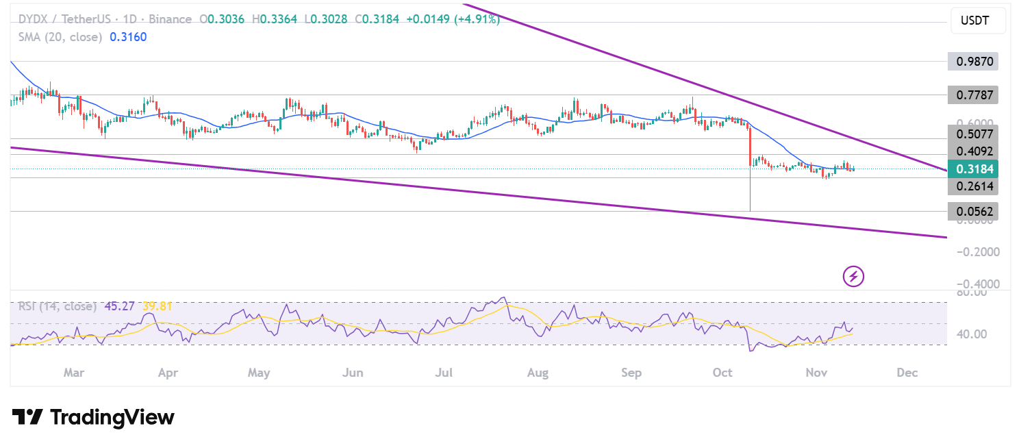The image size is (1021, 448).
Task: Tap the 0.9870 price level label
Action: (x=972, y=62)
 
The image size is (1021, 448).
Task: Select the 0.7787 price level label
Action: (x=972, y=95)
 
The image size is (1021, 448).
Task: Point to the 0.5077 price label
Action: (x=972, y=133)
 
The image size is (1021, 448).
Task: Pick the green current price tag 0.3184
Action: (x=972, y=169)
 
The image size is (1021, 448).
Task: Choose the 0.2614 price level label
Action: (x=972, y=186)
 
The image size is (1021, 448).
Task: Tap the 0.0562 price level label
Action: (x=972, y=212)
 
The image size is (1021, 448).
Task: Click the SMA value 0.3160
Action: (x=128, y=36)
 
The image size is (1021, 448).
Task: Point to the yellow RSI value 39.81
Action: (x=157, y=306)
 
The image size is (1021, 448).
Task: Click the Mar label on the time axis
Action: (x=73, y=373)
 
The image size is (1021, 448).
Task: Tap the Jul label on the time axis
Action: (x=444, y=373)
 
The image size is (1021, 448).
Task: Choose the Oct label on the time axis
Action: (x=722, y=373)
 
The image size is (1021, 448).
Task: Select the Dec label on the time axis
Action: (x=907, y=373)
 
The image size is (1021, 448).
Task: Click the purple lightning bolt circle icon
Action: (x=853, y=277)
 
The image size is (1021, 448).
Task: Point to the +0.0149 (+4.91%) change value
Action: (x=453, y=19)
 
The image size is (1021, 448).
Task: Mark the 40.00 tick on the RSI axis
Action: (x=972, y=334)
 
